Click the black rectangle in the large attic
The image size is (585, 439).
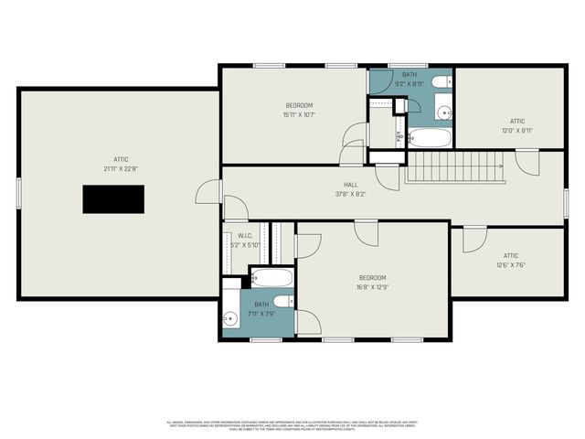[x=113, y=198]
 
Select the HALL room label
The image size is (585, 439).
[x=350, y=189]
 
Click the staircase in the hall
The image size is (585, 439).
[x=454, y=167]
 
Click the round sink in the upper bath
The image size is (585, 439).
[x=443, y=114]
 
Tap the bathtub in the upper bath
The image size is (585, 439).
[x=429, y=138]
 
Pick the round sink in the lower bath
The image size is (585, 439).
[x=229, y=318]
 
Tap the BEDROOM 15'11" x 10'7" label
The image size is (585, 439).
[x=301, y=110]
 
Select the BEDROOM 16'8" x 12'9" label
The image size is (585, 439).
[x=371, y=282]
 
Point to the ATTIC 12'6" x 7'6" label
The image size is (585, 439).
[x=510, y=260]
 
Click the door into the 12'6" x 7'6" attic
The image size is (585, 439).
[x=474, y=239]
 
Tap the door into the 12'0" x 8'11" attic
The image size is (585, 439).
[x=526, y=162]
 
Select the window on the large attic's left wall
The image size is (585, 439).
[x=18, y=193]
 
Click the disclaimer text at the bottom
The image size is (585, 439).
[x=292, y=425]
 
